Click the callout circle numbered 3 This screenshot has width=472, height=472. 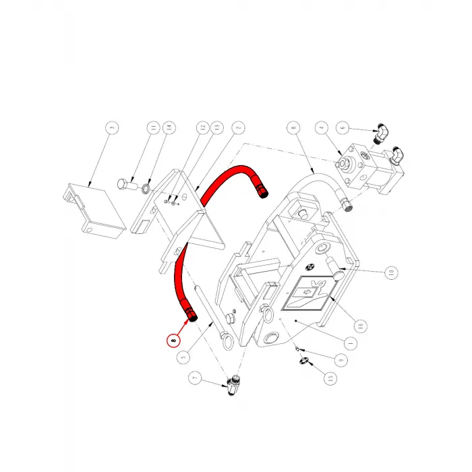point(112,127)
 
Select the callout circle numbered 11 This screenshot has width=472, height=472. point(154,127)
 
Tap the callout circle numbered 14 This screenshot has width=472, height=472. point(169,127)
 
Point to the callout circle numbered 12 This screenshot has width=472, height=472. point(202,127)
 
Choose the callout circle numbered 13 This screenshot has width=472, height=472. point(216,127)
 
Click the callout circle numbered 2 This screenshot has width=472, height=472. point(237,127)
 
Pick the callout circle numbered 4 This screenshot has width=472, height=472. point(322,127)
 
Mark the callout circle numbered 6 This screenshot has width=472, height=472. point(342,127)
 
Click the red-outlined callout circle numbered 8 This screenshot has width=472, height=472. point(175,341)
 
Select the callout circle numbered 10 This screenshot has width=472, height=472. point(390,273)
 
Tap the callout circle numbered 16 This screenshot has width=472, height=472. point(360,325)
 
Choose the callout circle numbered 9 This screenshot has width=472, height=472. point(342,359)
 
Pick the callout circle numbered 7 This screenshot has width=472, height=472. point(196,380)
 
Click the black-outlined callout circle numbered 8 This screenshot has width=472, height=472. point(292,127)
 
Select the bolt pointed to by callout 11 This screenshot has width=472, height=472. point(123,184)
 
